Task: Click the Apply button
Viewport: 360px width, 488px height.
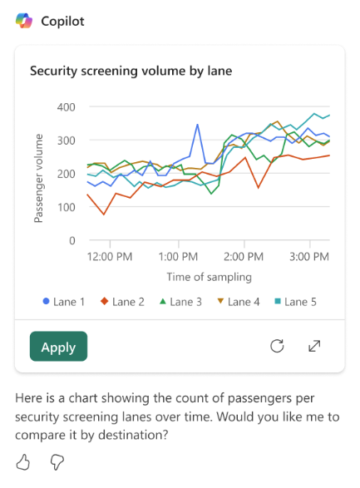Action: tap(58, 347)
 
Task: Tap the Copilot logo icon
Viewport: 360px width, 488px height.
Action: tap(24, 21)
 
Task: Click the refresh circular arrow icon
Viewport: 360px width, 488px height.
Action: tap(277, 346)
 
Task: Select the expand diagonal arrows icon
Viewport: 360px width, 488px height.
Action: tap(314, 346)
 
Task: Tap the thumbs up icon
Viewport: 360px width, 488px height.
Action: tap(23, 462)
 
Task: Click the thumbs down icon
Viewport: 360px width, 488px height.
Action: tap(57, 462)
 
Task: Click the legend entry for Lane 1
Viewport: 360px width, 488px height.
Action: tap(64, 302)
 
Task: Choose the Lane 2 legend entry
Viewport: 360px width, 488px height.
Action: tap(122, 302)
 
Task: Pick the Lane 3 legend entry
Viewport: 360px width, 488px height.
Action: tap(180, 302)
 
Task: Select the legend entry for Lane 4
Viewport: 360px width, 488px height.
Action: tap(239, 302)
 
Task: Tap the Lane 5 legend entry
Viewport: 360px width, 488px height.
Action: tap(296, 302)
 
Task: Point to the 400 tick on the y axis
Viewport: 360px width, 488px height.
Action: tap(66, 107)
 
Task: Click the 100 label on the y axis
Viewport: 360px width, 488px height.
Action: tap(67, 207)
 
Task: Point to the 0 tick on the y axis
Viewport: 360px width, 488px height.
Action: tap(72, 240)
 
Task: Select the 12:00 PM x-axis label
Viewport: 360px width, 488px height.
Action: tap(110, 257)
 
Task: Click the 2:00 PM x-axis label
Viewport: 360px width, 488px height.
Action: tap(244, 257)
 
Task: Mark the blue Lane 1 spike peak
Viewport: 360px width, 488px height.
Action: tap(197, 125)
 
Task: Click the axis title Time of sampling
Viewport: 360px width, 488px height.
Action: tap(209, 277)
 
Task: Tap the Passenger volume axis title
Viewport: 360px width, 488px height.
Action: tap(38, 179)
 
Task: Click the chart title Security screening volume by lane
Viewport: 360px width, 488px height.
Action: tap(131, 71)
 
